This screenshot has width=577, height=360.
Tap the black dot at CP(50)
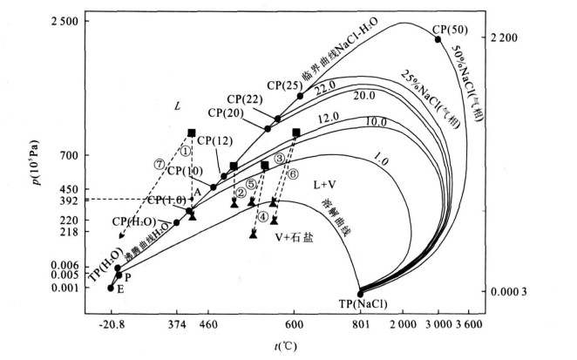point(438,39)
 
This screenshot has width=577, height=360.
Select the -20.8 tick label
point(111,323)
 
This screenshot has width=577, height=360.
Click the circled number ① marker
point(185,148)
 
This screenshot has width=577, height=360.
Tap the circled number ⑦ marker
point(159,163)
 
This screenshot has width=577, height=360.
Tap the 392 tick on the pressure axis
point(70,200)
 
